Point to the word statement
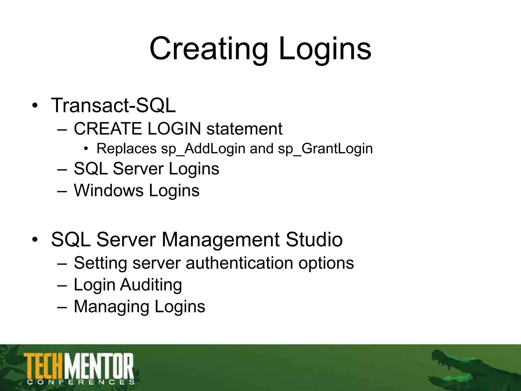pos(244,129)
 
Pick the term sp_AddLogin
pos(203,149)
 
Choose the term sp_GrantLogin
pos(325,149)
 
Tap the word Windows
pos(109,190)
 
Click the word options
pos(326,263)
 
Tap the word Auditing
pos(151,285)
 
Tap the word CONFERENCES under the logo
pos(80,382)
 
